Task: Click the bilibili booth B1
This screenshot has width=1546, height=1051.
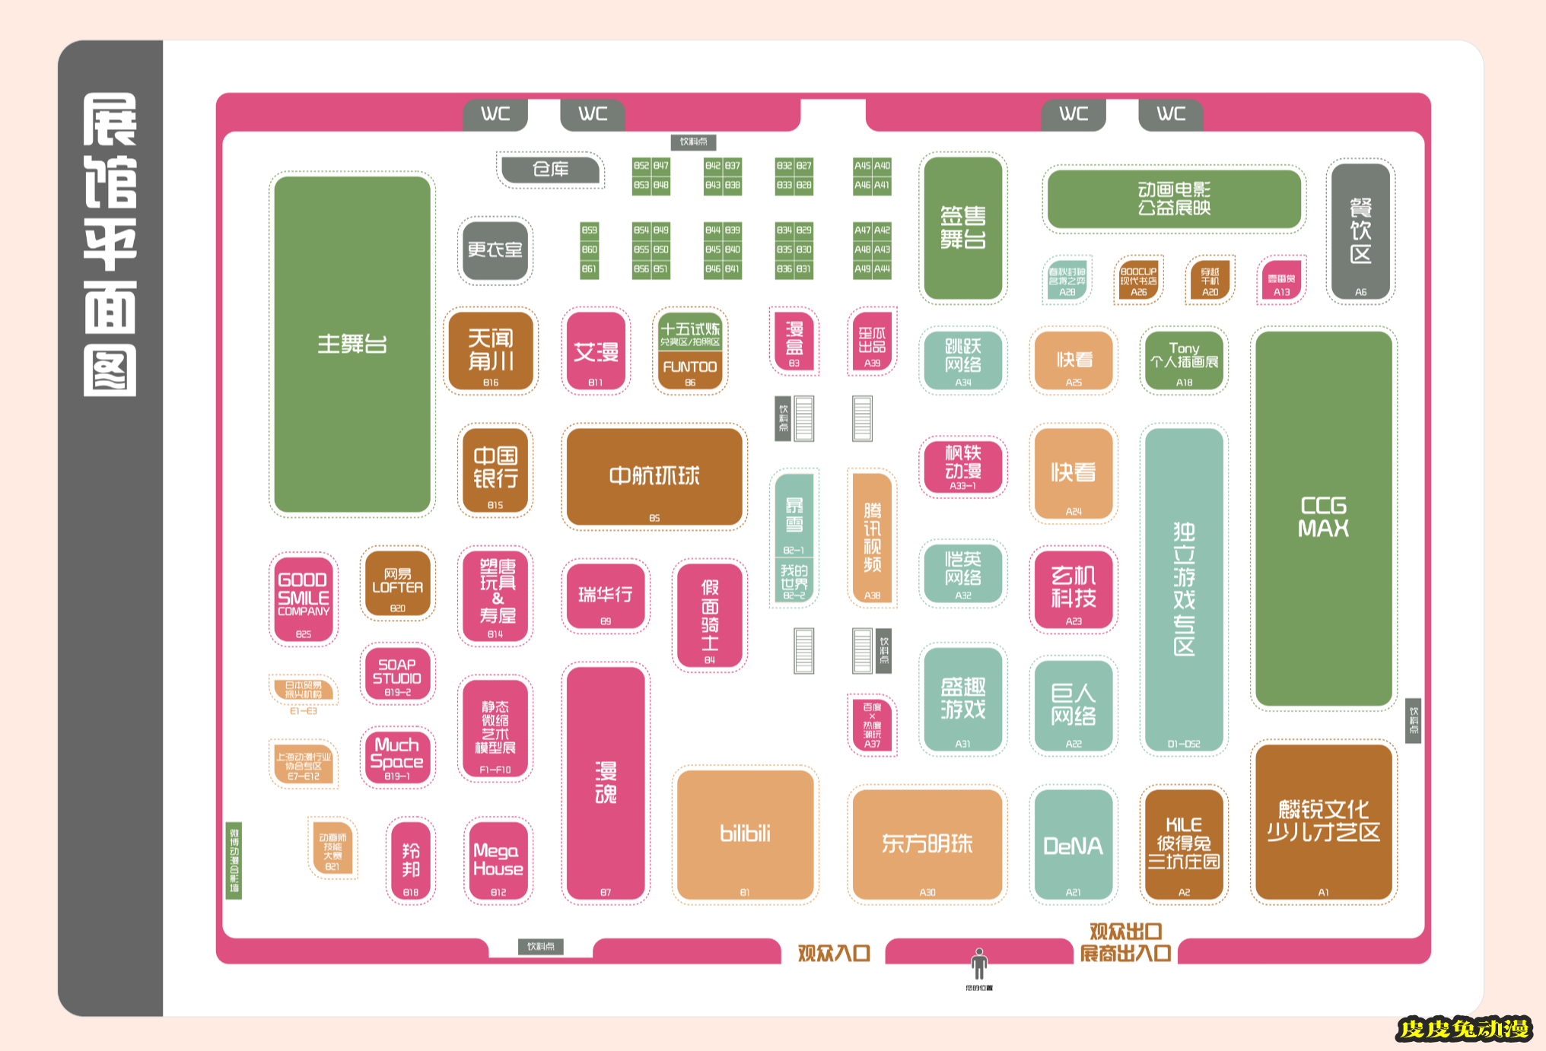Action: (x=745, y=834)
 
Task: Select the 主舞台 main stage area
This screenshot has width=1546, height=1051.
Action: (x=352, y=345)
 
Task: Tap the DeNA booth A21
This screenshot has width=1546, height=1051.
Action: (x=1073, y=845)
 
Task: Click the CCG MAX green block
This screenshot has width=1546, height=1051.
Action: (x=1323, y=517)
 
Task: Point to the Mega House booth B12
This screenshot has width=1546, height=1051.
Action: (x=498, y=860)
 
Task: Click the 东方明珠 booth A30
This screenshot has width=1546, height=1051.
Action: (x=927, y=843)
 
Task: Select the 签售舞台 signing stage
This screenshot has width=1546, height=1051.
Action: (x=962, y=227)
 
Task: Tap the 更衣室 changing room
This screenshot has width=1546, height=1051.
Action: (x=495, y=249)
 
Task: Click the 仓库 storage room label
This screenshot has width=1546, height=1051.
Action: (x=551, y=169)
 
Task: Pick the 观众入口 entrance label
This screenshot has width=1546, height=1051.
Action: (x=833, y=953)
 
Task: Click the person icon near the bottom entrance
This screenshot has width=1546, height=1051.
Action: (x=979, y=964)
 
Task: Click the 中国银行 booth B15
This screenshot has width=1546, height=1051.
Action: (x=495, y=470)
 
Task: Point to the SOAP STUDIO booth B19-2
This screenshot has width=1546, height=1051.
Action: (x=397, y=674)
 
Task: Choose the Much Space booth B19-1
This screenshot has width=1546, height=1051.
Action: (x=397, y=756)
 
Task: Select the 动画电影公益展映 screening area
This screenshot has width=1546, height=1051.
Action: (x=1174, y=198)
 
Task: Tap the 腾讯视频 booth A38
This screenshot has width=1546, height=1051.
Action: (x=872, y=537)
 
